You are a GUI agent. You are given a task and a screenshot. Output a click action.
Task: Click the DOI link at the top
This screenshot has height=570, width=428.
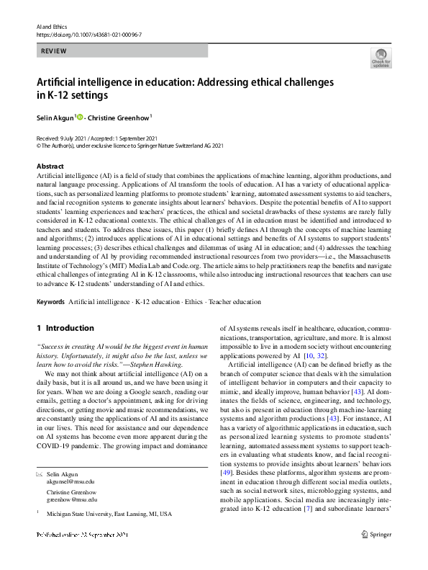tap(84, 33)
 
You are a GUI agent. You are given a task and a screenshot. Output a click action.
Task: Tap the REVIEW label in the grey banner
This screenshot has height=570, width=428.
tap(53, 51)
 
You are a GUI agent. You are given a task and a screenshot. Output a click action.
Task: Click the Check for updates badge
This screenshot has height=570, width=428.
tap(381, 57)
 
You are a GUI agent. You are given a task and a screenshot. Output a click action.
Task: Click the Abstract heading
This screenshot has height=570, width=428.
tap(50, 166)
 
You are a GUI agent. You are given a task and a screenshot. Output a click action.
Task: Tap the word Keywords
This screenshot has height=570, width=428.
tap(50, 303)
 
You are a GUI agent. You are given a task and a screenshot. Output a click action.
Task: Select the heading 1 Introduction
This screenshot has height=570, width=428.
tap(65, 328)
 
